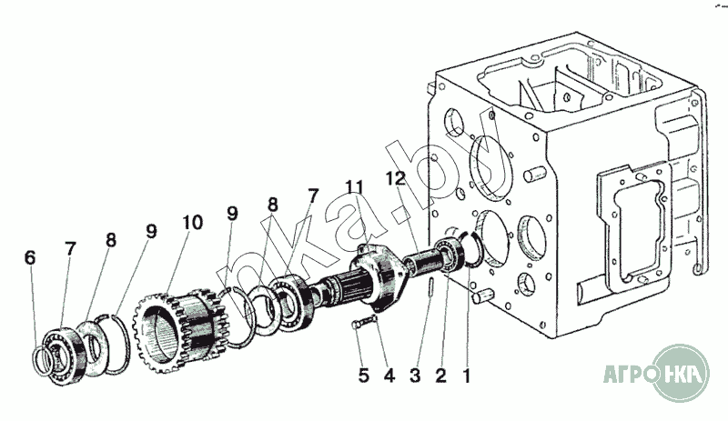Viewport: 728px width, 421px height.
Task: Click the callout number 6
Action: tap(30, 258)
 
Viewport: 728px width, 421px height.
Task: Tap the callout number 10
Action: tap(192, 222)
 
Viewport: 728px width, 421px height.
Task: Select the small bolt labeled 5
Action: tap(364, 325)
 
